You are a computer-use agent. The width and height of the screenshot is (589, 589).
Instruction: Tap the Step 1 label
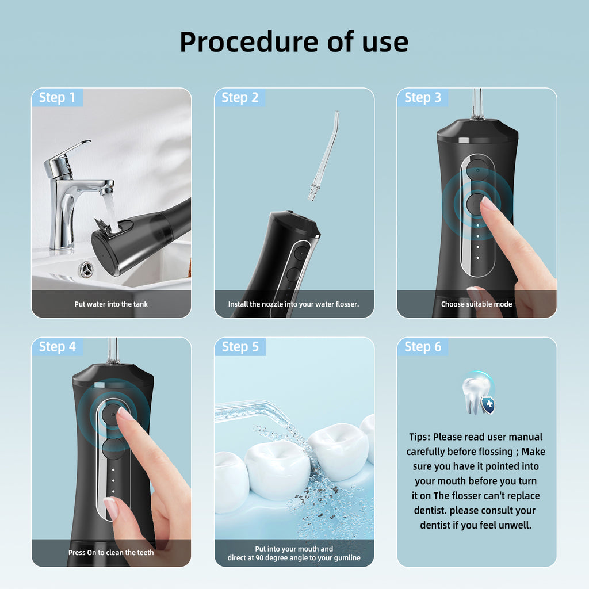[x=57, y=98]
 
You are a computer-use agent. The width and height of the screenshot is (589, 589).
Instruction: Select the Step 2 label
[x=240, y=98]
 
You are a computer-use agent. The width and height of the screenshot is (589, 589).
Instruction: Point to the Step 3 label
[x=423, y=98]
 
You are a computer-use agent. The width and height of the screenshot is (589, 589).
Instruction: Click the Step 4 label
[x=58, y=347]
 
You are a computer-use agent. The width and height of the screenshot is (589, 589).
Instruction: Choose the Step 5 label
[x=240, y=347]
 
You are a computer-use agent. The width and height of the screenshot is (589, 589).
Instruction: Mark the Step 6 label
[x=423, y=347]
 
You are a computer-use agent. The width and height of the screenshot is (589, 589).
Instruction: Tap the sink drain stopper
[x=86, y=269]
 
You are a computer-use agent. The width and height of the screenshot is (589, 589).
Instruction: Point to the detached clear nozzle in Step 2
[x=324, y=155]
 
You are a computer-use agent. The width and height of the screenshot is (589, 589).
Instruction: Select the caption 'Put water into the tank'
[x=111, y=304]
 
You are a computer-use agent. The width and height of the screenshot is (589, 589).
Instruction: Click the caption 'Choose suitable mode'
[x=477, y=304]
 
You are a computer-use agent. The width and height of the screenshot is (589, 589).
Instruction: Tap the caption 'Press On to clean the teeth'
[x=111, y=553]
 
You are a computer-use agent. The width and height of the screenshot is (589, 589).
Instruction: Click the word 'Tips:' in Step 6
[x=419, y=437]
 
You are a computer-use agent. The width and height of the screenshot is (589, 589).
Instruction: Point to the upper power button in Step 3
[x=477, y=170]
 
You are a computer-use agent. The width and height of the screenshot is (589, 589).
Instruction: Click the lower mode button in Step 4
[x=113, y=449]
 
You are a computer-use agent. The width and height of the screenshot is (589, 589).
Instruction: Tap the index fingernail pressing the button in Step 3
[x=488, y=203]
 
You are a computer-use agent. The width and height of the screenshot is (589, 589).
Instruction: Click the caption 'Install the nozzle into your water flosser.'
[x=294, y=304]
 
